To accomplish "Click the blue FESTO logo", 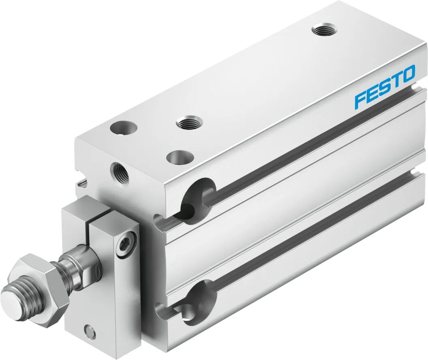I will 385,87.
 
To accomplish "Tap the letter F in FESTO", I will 360,99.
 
